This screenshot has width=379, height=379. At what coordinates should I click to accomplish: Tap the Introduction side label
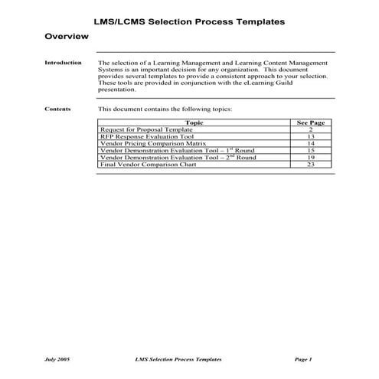[x=64, y=63]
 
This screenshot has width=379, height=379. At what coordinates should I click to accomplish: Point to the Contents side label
[x=57, y=109]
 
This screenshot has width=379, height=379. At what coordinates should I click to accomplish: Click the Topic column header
[x=194, y=123]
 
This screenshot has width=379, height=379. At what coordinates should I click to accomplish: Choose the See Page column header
[x=311, y=123]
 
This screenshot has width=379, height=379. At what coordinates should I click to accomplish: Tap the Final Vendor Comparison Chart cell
[x=143, y=164]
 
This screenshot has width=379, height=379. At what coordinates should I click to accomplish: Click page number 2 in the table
[x=311, y=129]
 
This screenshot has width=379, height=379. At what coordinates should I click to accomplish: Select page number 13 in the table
[x=311, y=136]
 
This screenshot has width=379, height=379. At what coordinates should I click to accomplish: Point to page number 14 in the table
[x=311, y=143]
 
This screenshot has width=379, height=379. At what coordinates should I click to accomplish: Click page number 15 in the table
[x=311, y=150]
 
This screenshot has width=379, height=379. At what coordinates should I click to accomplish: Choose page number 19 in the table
[x=311, y=157]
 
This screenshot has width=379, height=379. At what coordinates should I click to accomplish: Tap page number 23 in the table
[x=311, y=164]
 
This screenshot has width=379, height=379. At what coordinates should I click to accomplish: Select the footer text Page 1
[x=304, y=358]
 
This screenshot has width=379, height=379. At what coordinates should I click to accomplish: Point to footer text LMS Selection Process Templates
[x=178, y=358]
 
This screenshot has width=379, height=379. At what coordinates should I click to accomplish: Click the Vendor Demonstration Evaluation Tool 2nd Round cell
[x=178, y=157]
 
